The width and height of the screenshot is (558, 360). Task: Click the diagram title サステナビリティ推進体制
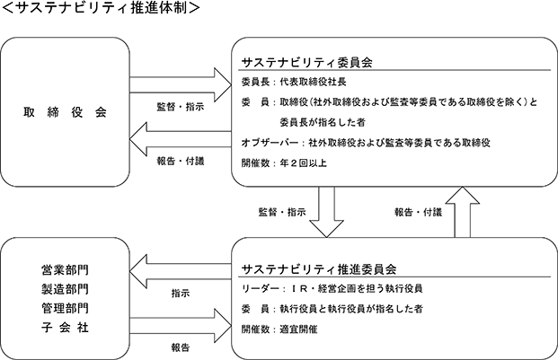[101, 7]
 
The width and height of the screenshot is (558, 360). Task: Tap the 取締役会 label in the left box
[65, 112]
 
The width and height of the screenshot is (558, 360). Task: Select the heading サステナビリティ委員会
[307, 63]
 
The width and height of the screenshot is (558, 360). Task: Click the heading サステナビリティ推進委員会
[319, 269]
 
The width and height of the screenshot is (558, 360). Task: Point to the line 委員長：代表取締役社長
[294, 82]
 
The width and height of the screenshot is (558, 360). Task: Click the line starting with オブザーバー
[366, 143]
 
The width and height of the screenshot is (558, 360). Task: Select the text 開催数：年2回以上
[284, 163]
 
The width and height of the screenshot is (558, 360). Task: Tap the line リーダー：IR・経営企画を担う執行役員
[332, 288]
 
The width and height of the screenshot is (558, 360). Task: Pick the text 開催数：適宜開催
[279, 329]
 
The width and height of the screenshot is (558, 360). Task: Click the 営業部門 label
[65, 270]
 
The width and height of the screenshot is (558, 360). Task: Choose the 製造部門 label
[65, 289]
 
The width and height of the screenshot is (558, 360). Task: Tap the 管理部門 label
[65, 308]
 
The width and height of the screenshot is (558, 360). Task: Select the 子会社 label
[65, 328]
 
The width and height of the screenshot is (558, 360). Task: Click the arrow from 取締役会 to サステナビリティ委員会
[181, 85]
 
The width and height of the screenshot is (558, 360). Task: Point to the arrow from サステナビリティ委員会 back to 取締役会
[181, 139]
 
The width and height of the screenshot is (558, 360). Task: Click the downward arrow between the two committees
[326, 212]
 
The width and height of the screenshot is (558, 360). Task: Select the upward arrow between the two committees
[462, 212]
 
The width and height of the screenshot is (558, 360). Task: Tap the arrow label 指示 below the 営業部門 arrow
[181, 294]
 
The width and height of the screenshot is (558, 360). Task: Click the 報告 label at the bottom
[181, 347]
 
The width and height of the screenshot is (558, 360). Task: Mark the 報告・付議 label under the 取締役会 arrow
[181, 161]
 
